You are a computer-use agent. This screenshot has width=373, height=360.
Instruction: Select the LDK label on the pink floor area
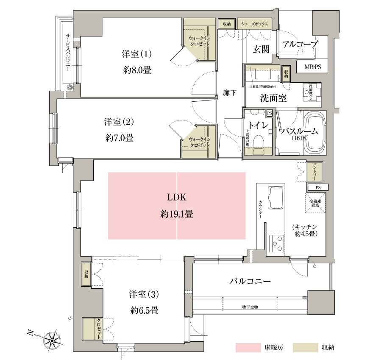(x=177, y=197)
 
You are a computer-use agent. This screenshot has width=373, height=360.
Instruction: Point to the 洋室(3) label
(x=144, y=294)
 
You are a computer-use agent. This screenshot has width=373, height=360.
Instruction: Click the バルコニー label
(x=250, y=281)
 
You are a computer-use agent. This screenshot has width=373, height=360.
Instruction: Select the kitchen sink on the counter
(x=276, y=197)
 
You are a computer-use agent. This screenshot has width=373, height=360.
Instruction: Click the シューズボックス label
(x=254, y=24)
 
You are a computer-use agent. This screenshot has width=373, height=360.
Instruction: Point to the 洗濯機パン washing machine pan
(x=312, y=92)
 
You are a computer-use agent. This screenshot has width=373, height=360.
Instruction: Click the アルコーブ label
(x=300, y=44)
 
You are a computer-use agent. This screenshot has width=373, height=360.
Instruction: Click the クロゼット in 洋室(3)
(x=92, y=328)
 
